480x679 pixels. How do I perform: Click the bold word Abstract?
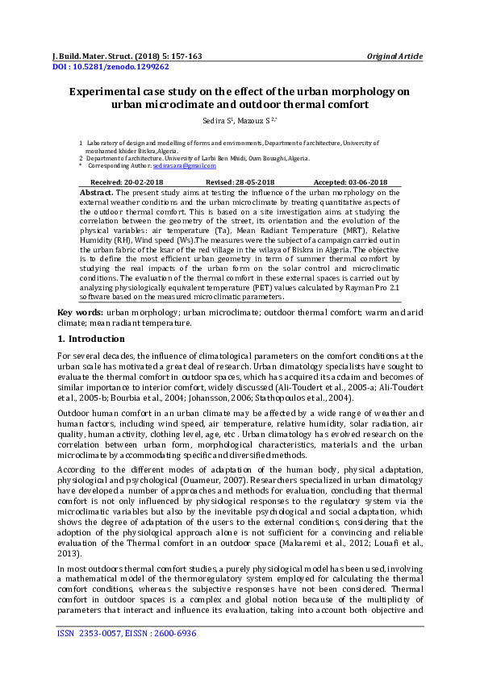[98, 194]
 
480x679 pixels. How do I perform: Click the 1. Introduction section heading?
[95, 339]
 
